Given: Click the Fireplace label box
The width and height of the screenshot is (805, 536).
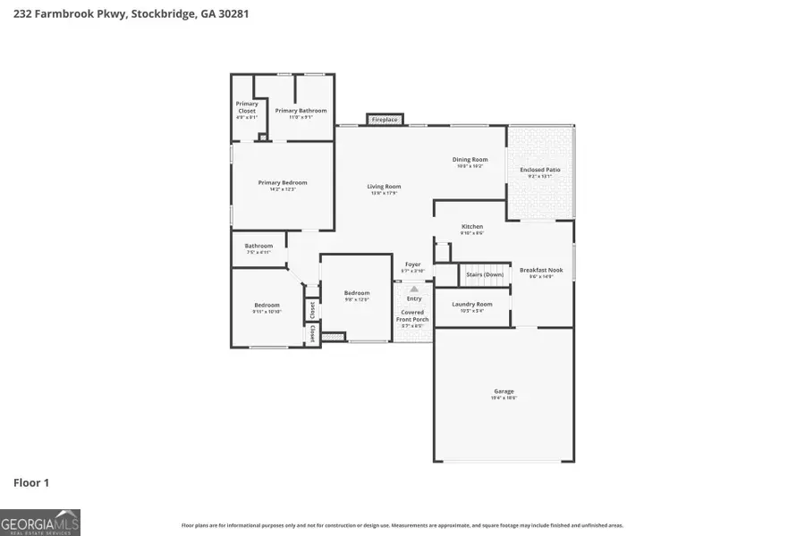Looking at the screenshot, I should coord(385,119).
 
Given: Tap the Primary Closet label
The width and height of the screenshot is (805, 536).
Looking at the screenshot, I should coord(247,107).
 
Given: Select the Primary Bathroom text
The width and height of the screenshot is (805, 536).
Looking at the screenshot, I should coord(301,111).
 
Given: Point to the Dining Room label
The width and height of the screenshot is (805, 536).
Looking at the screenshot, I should coord(470,160).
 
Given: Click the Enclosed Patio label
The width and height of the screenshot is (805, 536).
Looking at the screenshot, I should coord(540,170).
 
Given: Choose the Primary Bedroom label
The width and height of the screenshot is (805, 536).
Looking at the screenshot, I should coord(283,183).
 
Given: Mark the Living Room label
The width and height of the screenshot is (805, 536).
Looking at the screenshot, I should coord(384,187).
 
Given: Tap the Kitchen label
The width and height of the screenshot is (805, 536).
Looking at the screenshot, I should coord(472,227).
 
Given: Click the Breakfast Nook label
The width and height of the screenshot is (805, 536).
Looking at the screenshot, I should coord(541,270).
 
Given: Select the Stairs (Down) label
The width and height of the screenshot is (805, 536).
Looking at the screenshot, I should coord(485,274).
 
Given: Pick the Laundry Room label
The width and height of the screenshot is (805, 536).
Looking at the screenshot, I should coord(472,305).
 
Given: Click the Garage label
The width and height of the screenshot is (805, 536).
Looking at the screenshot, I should coord(504,391).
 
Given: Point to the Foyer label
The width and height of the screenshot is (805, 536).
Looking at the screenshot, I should coord(412,264).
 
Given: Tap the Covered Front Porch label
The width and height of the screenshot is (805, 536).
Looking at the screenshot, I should coord(413,315).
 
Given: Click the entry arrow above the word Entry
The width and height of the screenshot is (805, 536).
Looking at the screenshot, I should coord(413,289).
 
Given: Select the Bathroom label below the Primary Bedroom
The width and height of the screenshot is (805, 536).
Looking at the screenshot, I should coord(258,246).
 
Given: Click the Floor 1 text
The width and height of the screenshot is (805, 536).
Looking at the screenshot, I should coord(31,482).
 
